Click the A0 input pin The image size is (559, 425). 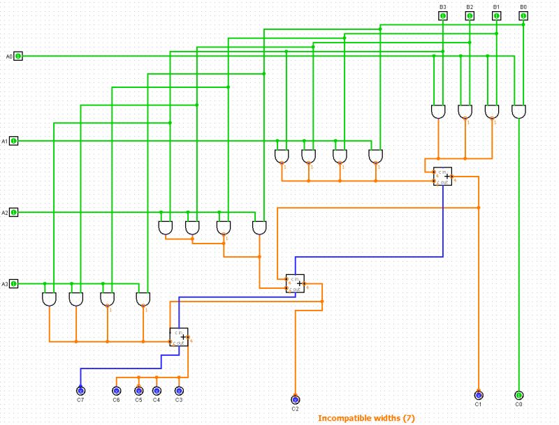pyautogui.click(x=19, y=56)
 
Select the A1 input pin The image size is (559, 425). pyautogui.click(x=14, y=141)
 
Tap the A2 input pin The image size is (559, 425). pyautogui.click(x=14, y=212)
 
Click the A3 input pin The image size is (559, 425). pyautogui.click(x=14, y=284)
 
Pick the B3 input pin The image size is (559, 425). pyautogui.click(x=443, y=15)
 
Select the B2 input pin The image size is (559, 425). pyautogui.click(x=470, y=15)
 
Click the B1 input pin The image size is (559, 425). pyautogui.click(x=496, y=15)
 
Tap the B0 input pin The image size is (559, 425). pyautogui.click(x=523, y=15)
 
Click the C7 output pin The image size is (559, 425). pyautogui.click(x=80, y=391)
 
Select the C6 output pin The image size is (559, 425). pyautogui.click(x=116, y=391)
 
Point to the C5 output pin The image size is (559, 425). pyautogui.click(x=138, y=391)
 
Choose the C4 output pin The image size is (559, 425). pyautogui.click(x=157, y=391)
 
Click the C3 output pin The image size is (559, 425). pyautogui.click(x=179, y=391)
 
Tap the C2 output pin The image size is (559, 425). pyautogui.click(x=295, y=399)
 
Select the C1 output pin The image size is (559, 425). pyautogui.click(x=479, y=396)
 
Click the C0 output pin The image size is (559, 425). pyautogui.click(x=518, y=396)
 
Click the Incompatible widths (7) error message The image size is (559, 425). pyautogui.click(x=366, y=418)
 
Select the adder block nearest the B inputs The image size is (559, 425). pyautogui.click(x=442, y=177)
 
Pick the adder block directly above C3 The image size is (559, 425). pyautogui.click(x=178, y=336)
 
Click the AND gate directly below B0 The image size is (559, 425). pyautogui.click(x=518, y=112)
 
